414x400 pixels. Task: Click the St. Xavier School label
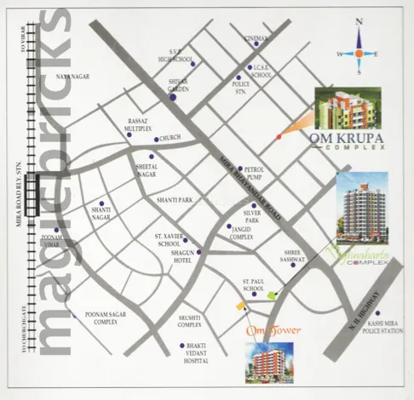pos(167,238)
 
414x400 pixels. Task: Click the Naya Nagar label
pos(72,77)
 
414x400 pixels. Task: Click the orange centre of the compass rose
pos(359,53)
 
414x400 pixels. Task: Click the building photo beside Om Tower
pos(269,363)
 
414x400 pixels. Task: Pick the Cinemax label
pos(256,39)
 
